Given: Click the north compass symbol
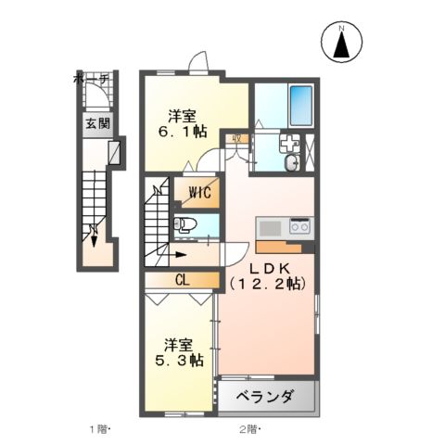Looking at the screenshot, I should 341,43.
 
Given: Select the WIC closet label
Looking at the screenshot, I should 200,193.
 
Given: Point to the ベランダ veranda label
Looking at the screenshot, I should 264,398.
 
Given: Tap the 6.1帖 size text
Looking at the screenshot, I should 182,133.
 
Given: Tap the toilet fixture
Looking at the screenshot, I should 185,223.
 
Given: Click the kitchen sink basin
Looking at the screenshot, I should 271,226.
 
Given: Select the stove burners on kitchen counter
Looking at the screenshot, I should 299,225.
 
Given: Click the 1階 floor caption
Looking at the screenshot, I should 100,428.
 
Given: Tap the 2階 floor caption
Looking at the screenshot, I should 248,428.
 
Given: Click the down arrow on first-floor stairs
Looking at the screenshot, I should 95,235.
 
